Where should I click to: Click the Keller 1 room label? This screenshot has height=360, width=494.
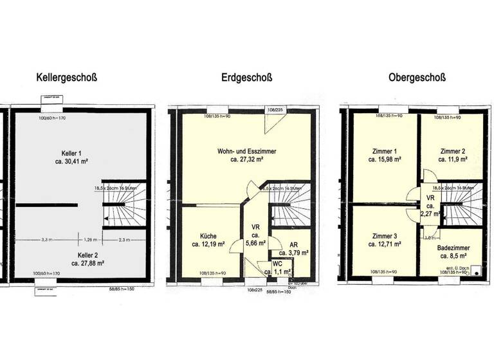click(x=71, y=154)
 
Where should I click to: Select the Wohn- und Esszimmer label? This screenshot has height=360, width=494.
click(x=248, y=151)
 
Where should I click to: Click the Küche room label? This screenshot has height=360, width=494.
click(x=207, y=235)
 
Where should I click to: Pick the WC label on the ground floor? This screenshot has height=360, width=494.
click(x=277, y=264)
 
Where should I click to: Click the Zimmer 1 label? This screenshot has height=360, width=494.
click(x=383, y=151)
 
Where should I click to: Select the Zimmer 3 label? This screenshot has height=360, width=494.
click(x=383, y=235)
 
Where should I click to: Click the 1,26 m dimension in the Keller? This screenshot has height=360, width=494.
click(x=91, y=239)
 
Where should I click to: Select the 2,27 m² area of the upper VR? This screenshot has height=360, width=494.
click(x=430, y=213)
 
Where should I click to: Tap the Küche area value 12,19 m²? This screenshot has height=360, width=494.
click(x=208, y=244)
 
